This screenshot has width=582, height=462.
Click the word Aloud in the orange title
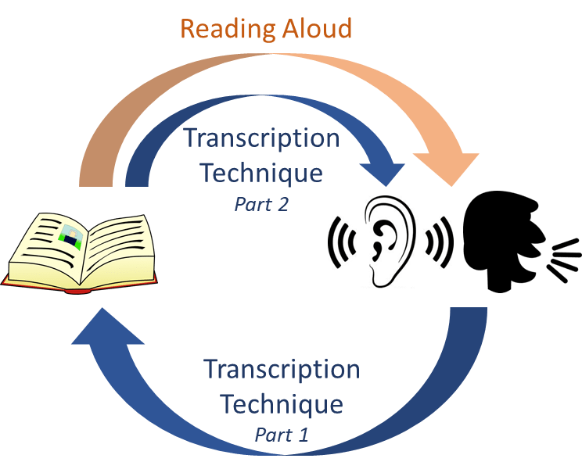pyautogui.click(x=316, y=29)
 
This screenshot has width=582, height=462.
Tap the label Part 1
pyautogui.click(x=282, y=434)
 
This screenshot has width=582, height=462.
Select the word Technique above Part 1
pyautogui.click(x=282, y=405)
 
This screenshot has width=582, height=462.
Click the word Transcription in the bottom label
pyautogui.click(x=282, y=369)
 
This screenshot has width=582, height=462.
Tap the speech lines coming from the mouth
pyautogui.click(x=566, y=258)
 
